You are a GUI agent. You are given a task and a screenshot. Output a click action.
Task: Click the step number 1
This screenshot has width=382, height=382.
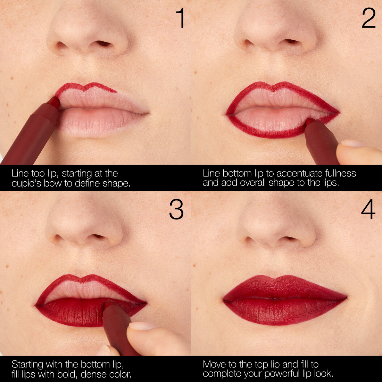pos(181,18)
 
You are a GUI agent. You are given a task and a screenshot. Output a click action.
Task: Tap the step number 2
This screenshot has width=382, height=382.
pos(368,18)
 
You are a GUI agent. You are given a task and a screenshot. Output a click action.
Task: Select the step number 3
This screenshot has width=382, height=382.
pos(176,209)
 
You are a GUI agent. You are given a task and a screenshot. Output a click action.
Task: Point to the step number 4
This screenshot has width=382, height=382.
pos(368,209)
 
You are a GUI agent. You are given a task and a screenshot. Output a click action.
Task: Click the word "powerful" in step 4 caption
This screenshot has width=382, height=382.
pos(283,374)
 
